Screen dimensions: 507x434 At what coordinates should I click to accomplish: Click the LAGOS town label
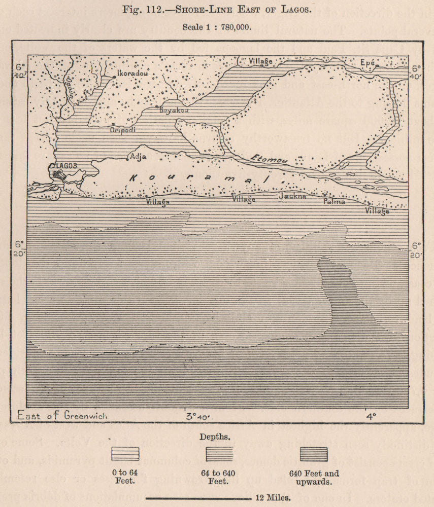(64, 166)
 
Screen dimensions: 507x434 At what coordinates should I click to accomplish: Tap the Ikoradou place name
(132, 74)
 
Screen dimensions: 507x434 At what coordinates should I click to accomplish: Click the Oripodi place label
(123, 129)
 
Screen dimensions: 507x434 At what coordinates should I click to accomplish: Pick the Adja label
(138, 156)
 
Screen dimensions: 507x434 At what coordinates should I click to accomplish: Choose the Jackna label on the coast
(292, 195)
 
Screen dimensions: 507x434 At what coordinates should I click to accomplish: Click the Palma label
(335, 201)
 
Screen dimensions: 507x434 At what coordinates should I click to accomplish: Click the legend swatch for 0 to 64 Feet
(125, 453)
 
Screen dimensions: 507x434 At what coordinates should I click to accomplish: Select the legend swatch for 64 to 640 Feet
(219, 453)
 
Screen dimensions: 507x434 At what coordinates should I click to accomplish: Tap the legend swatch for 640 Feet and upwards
(314, 453)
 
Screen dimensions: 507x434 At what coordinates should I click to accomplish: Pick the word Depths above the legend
(217, 436)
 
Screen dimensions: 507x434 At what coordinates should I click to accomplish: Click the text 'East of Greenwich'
(62, 415)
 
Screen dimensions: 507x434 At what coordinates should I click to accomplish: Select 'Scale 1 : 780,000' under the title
(217, 26)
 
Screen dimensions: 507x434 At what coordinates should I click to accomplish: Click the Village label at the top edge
(260, 61)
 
